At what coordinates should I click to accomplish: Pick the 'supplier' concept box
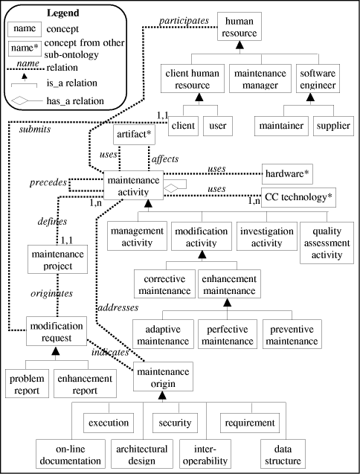click(332, 126)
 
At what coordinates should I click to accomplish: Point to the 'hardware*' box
click(288, 174)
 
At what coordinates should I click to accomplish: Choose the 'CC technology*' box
click(298, 197)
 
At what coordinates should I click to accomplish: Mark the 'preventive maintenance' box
click(291, 334)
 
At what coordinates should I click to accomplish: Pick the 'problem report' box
click(27, 383)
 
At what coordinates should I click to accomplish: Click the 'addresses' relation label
click(117, 306)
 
